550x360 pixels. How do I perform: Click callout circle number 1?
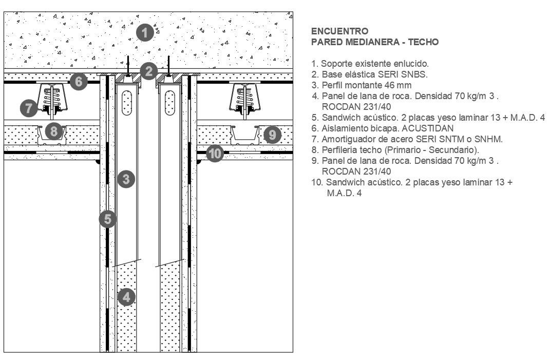146,33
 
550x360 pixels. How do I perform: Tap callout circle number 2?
149,71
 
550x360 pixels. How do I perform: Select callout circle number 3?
126,179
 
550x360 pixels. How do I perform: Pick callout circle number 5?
107,219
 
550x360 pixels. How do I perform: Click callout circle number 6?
78,81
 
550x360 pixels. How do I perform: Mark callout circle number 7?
29,108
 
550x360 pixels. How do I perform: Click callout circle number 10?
215,153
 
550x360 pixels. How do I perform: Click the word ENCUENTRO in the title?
339,32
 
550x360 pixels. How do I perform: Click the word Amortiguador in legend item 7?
346,139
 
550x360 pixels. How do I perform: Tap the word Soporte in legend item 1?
335,64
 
